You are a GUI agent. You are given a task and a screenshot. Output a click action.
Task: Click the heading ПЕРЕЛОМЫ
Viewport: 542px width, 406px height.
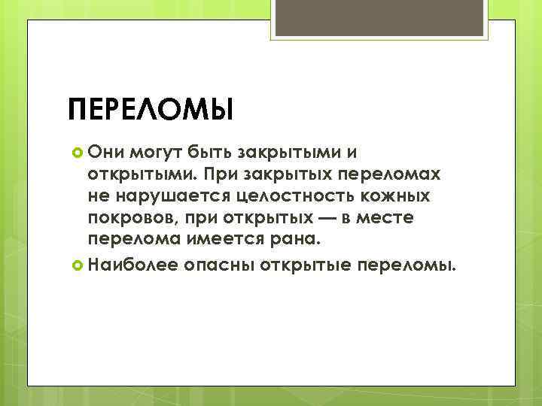[151, 108]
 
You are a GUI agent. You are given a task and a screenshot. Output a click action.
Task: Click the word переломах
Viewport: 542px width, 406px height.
[397, 175]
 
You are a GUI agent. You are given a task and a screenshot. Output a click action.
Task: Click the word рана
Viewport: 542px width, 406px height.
[299, 241]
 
